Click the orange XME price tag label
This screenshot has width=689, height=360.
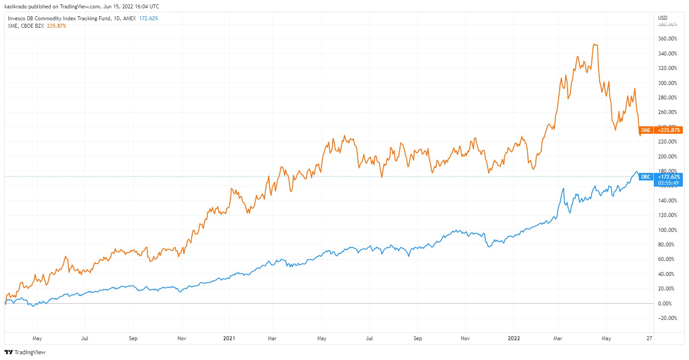[645, 130]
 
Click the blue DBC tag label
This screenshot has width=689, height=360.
[645, 177]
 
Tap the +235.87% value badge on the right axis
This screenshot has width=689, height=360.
[669, 130]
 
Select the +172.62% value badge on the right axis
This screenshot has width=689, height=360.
[669, 177]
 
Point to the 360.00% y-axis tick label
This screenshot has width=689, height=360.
[667, 39]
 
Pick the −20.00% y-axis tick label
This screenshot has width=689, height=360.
[667, 318]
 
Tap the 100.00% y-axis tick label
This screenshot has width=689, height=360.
[667, 230]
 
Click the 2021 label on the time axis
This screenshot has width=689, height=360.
[229, 338]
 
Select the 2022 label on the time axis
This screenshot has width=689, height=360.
[513, 338]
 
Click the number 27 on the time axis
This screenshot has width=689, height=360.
[649, 338]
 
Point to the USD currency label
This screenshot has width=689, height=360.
[663, 18]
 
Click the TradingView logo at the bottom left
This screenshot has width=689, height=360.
[25, 352]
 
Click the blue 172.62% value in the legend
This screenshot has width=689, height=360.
[148, 18]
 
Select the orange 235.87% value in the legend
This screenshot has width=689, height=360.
[56, 26]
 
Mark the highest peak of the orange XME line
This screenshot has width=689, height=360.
[594, 44]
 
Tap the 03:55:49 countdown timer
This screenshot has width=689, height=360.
[668, 183]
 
